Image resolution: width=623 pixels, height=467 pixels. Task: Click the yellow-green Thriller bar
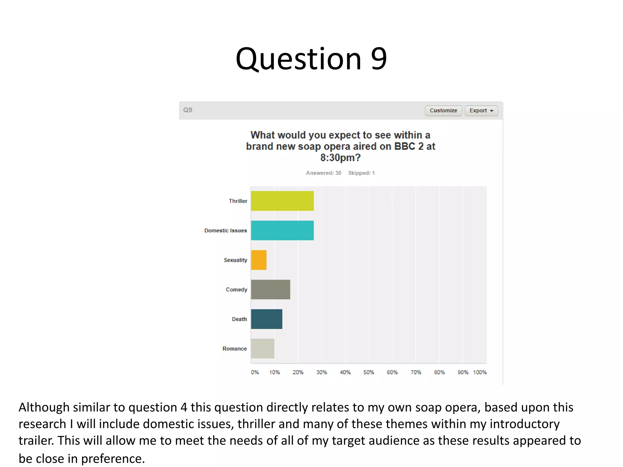pyautogui.click(x=282, y=201)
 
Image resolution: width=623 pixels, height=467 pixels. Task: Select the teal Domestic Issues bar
pyautogui.click(x=282, y=230)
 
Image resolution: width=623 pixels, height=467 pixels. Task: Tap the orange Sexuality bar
pyautogui.click(x=259, y=260)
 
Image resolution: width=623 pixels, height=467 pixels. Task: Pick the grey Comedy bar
pyautogui.click(x=270, y=289)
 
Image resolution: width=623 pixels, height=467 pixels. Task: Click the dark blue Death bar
pyautogui.click(x=266, y=319)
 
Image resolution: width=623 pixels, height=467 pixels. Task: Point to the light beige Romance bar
pyautogui.click(x=263, y=348)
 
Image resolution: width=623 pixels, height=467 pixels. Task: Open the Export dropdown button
pyautogui.click(x=481, y=111)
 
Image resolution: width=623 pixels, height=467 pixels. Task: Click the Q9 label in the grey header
pyautogui.click(x=188, y=110)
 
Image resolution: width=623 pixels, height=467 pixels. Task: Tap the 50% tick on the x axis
pyautogui.click(x=369, y=372)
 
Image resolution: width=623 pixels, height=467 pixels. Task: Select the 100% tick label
pyautogui.click(x=480, y=372)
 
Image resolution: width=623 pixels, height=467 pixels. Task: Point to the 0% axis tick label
pyautogui.click(x=255, y=372)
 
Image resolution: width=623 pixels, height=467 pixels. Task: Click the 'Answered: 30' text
pyautogui.click(x=323, y=173)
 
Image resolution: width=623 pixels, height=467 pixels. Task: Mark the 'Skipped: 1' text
pyautogui.click(x=361, y=173)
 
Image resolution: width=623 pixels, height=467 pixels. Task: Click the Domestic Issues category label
pyautogui.click(x=225, y=231)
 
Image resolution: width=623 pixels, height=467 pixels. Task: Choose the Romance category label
pyautogui.click(x=235, y=349)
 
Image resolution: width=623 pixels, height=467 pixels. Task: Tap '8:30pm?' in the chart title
pyautogui.click(x=340, y=158)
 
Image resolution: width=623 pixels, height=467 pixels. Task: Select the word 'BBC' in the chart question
pyautogui.click(x=405, y=147)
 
